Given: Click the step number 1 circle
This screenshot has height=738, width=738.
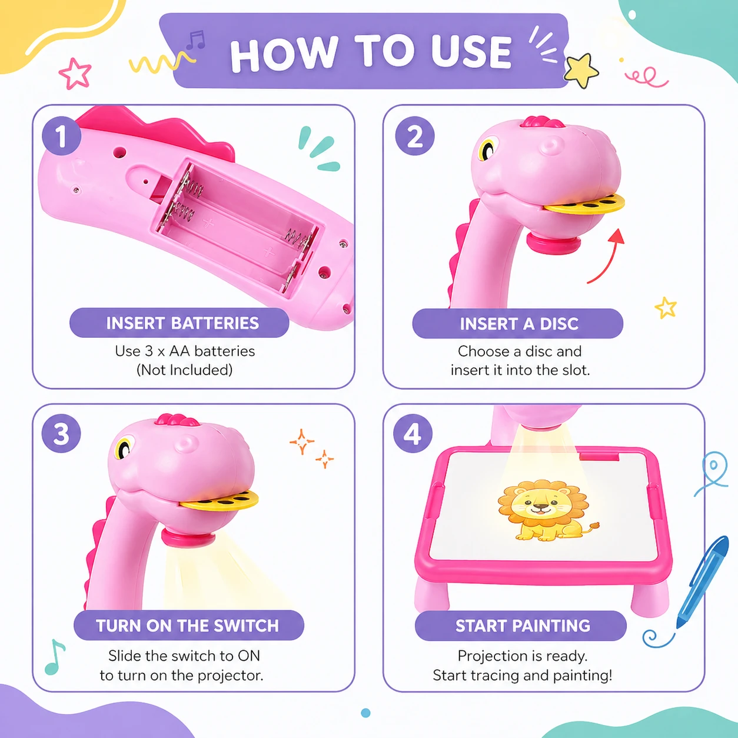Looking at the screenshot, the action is tap(61, 135).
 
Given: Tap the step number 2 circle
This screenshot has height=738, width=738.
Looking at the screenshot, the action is tap(415, 136).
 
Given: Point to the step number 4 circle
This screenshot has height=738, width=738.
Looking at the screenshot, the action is tap(413, 434).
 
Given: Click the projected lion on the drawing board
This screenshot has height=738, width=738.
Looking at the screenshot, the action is tap(545, 510).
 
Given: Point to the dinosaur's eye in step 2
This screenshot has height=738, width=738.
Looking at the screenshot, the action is tap(487, 149).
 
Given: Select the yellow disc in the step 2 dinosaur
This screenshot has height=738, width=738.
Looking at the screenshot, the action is tap(584, 204).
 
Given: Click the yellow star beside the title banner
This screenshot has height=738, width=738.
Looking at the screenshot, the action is tap(581, 70).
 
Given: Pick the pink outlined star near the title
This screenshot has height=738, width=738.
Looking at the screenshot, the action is tap(75, 74).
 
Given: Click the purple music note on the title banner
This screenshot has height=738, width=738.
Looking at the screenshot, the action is tap(196, 40).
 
